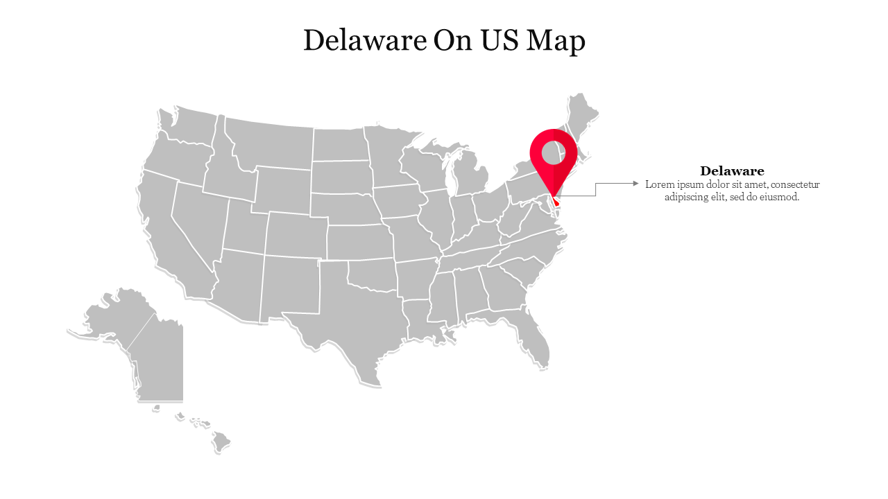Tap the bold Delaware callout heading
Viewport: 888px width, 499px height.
[732, 171]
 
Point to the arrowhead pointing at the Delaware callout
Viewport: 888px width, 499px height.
[635, 184]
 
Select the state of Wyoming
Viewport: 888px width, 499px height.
[281, 189]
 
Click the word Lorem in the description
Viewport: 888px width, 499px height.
[658, 184]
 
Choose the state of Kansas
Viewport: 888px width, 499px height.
[359, 241]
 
